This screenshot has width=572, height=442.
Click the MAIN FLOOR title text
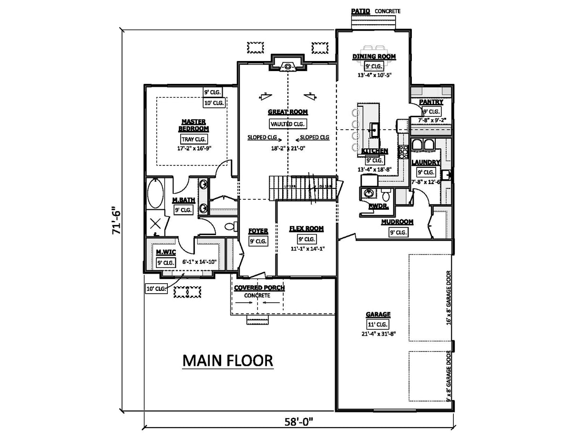(228, 361)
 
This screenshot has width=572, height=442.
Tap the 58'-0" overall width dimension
(298, 422)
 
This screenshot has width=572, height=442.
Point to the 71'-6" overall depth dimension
(114, 220)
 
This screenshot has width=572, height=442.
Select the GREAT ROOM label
(287, 112)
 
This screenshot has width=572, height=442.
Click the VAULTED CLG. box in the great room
(287, 124)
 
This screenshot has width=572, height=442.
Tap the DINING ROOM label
(374, 57)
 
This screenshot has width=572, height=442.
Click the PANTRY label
(431, 102)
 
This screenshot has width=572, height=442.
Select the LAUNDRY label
(426, 163)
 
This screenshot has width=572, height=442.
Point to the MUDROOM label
(397, 222)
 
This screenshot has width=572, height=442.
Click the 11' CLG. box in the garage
(378, 324)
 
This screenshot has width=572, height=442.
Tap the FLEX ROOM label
(306, 229)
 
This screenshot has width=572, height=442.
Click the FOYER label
(258, 231)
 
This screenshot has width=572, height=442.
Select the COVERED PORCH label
(259, 288)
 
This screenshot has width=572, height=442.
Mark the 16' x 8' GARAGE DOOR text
(449, 298)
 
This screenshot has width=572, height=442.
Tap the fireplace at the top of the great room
(287, 65)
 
